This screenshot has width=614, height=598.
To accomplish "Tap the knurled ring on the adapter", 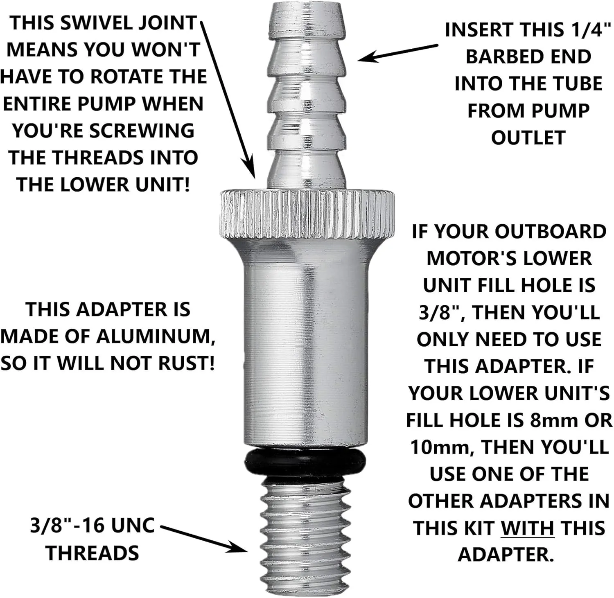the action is pos(307,214).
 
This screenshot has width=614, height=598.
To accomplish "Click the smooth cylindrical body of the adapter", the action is pos(306,344).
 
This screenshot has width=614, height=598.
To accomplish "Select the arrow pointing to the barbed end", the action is pos(398,54).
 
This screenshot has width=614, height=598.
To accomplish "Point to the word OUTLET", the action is pos(528,138).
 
